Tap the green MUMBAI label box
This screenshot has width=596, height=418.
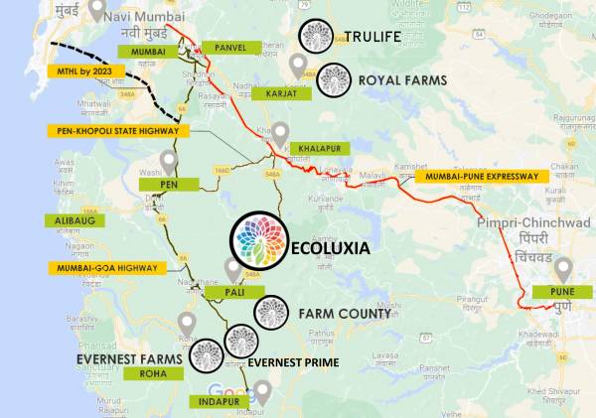click(148, 51)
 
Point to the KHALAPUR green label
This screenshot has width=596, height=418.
click(319, 149)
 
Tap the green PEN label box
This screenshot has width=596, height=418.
click(166, 184)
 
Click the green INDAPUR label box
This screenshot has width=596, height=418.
click(215, 402)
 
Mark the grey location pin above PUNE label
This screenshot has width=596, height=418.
click(563, 268)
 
